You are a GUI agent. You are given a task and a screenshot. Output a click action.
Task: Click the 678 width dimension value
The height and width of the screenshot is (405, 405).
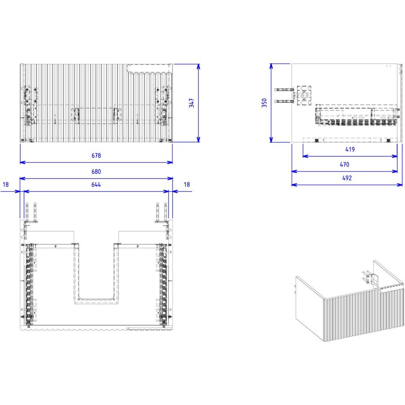(96, 156)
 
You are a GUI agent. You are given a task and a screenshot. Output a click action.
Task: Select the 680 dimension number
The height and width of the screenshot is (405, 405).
(96, 171)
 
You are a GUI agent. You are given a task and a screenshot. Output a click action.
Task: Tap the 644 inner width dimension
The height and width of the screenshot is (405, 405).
(96, 184)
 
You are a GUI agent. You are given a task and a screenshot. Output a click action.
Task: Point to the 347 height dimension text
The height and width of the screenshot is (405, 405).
(192, 103)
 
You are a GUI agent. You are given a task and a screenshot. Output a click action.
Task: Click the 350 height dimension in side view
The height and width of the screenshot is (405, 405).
(264, 103)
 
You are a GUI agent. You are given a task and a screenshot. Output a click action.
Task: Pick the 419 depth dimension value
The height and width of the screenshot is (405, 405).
(350, 149)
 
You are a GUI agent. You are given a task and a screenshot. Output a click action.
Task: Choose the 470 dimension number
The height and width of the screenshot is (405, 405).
(345, 164)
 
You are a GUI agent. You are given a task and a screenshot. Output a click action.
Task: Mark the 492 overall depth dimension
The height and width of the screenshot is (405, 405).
(347, 178)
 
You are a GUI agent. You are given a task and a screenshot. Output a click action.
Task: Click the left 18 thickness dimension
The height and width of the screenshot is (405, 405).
(6, 184)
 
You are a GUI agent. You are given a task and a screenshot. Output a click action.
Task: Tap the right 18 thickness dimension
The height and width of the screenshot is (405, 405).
(187, 184)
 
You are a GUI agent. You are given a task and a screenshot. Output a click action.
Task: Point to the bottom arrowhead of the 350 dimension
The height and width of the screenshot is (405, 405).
(271, 139)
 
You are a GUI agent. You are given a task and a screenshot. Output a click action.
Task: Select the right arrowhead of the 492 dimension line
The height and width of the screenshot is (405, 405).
(400, 185)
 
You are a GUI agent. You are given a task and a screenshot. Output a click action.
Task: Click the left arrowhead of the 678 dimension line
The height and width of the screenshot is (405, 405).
(23, 162)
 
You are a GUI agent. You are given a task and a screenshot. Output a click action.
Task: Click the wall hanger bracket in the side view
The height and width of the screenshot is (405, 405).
(293, 95)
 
